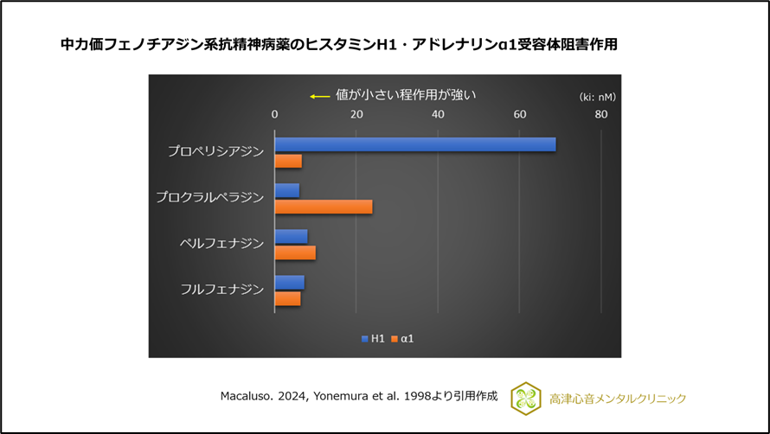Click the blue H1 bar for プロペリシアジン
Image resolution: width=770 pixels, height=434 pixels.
414,144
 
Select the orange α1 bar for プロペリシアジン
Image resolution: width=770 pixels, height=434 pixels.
288,161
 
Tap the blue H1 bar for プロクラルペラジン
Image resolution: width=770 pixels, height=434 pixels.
286,190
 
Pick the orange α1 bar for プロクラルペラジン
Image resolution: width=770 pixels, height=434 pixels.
323,207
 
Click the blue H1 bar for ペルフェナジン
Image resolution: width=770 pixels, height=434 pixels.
291,236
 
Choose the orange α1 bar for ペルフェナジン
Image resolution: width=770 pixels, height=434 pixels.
295,252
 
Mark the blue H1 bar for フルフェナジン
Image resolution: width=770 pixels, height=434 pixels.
289,282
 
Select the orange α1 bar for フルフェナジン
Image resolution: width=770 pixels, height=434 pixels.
287,298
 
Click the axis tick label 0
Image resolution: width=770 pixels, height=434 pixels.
274,115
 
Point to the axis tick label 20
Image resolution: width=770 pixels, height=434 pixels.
356,115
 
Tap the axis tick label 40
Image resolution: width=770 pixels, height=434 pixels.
438,115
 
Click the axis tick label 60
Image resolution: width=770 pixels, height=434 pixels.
519,115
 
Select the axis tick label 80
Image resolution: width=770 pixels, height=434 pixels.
600,115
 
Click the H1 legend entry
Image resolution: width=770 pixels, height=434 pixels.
373,339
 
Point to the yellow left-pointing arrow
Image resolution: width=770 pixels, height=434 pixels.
320,96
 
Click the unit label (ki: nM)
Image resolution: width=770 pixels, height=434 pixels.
597,96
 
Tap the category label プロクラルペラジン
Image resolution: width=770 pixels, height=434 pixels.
209,198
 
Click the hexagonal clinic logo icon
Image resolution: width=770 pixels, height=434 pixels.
525,398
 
